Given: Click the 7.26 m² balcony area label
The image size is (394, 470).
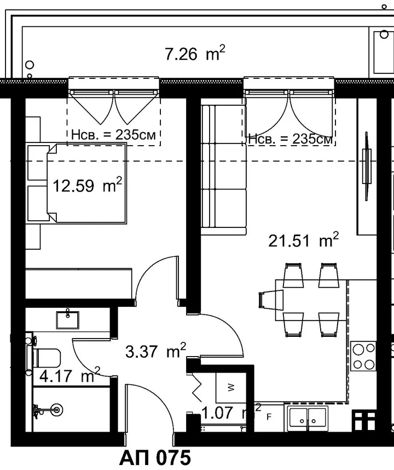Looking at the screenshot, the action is tap(195, 53).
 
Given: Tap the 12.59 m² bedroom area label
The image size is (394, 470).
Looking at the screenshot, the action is tap(88, 185).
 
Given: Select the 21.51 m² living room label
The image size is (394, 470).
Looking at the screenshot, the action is tap(303, 240).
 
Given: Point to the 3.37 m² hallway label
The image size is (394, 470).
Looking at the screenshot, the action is tap(155, 351).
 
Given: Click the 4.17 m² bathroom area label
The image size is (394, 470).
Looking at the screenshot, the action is tap(69, 375).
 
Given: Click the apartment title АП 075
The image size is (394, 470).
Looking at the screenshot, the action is tap(155, 458).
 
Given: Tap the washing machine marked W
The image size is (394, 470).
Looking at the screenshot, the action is tap(231, 388).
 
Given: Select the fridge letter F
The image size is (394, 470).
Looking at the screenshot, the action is tap(269, 417).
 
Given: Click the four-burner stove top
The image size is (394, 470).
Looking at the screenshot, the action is tap(363, 356).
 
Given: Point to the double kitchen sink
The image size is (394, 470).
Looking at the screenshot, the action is tap(308, 418).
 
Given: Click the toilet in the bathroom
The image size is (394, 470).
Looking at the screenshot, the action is tap(45, 357).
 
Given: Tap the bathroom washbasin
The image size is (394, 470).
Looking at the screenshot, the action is tap(68, 319).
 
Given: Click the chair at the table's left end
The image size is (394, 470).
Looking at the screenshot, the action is tap(270, 300).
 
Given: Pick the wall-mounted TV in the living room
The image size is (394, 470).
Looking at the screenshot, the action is tap(366, 166).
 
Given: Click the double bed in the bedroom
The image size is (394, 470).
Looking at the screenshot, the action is tap(86, 184).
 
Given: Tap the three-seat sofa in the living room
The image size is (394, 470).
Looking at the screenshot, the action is tap(224, 170).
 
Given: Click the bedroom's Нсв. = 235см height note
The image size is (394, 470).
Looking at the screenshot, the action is tap(114, 135).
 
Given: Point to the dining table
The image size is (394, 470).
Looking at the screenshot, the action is tap(311, 300).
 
